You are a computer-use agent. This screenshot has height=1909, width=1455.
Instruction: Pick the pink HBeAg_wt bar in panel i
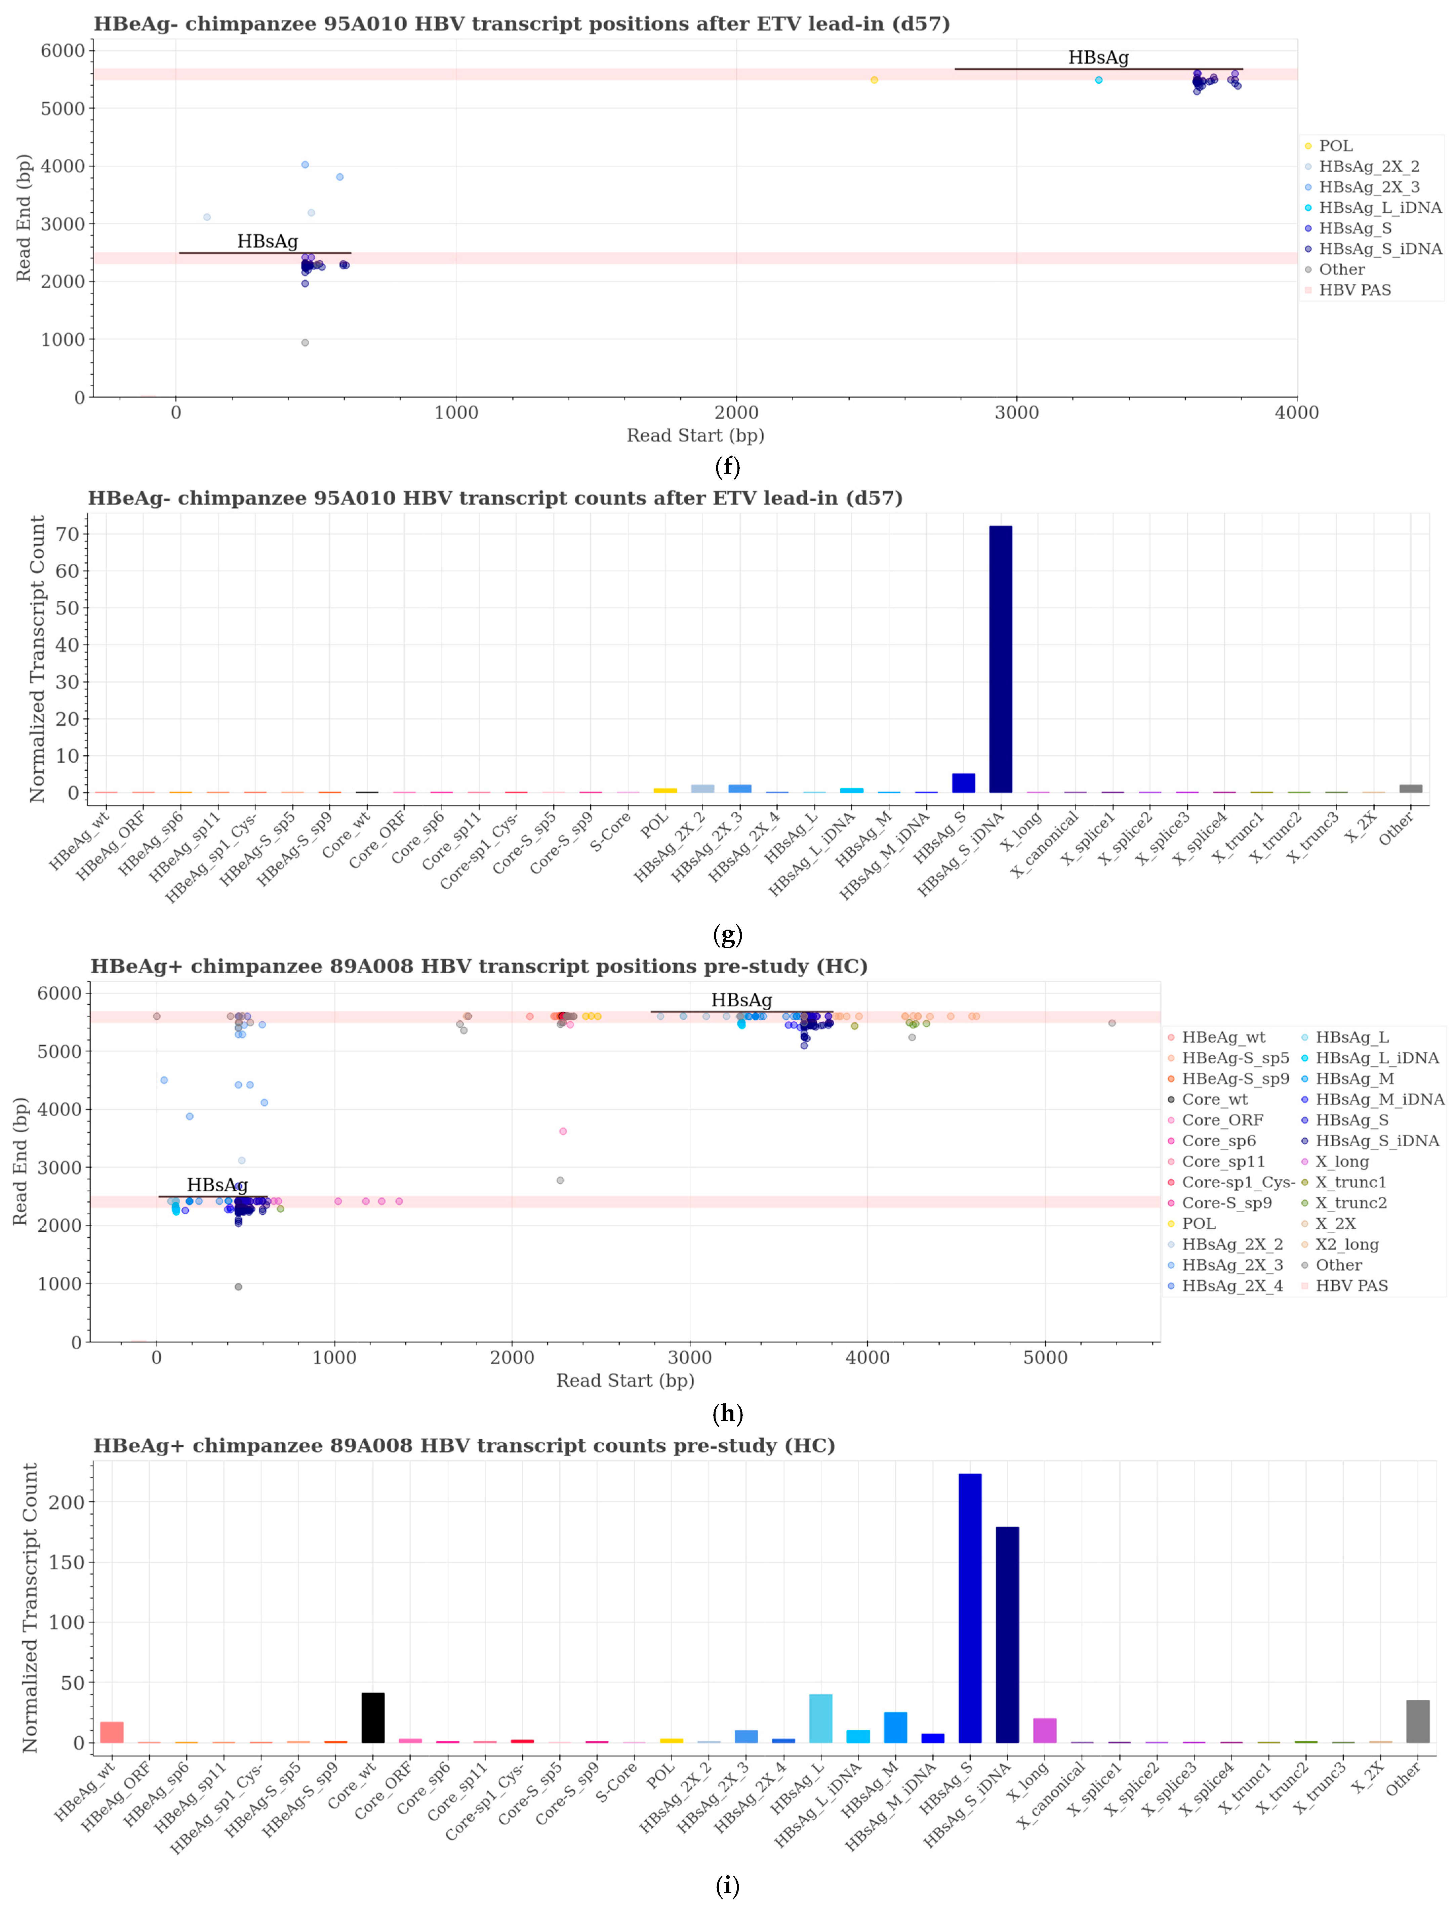click(112, 1732)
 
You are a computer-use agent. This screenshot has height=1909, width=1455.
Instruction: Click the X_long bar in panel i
click(1045, 1731)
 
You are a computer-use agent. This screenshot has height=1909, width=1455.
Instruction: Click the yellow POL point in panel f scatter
click(874, 80)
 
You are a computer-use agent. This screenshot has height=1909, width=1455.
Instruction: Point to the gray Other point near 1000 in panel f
click(305, 343)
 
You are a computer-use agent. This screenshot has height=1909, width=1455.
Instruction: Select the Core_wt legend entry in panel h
click(1214, 1100)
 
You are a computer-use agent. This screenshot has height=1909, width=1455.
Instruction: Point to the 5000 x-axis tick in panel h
click(1045, 1358)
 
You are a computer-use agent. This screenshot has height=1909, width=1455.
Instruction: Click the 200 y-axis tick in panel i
click(67, 1502)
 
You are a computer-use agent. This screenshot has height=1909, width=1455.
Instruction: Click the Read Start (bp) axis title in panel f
click(695, 435)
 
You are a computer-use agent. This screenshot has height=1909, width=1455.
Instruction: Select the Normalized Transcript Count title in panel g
click(37, 658)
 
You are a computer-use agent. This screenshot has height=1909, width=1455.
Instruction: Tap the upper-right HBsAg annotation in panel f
click(1098, 58)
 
